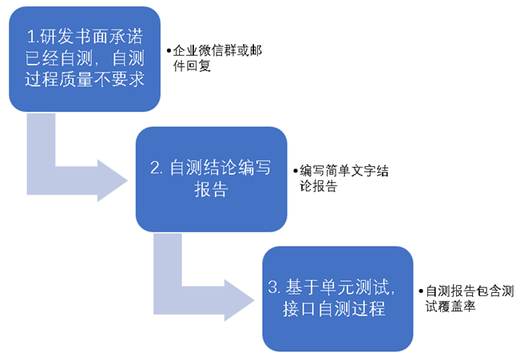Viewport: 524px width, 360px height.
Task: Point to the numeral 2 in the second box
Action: tap(156, 168)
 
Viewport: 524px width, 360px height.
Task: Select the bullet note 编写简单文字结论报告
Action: tap(342, 178)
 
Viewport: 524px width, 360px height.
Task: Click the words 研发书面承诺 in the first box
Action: tap(93, 37)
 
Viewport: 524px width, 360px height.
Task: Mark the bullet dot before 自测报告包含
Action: tap(423, 291)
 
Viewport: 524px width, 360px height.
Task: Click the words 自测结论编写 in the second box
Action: tap(221, 168)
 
